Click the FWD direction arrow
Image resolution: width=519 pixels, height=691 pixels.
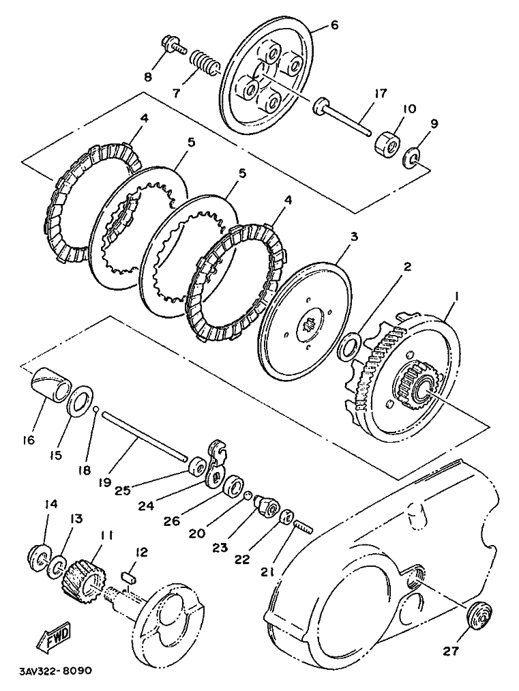click(53, 638)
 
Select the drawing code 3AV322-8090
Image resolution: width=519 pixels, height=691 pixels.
click(55, 672)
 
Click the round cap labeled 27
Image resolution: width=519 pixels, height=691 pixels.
click(479, 613)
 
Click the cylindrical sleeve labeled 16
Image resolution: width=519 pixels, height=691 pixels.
click(50, 384)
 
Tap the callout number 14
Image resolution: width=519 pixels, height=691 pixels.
click(51, 503)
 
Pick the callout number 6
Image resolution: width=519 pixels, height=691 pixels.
click(334, 25)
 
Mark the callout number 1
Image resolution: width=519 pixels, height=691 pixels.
click(456, 297)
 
